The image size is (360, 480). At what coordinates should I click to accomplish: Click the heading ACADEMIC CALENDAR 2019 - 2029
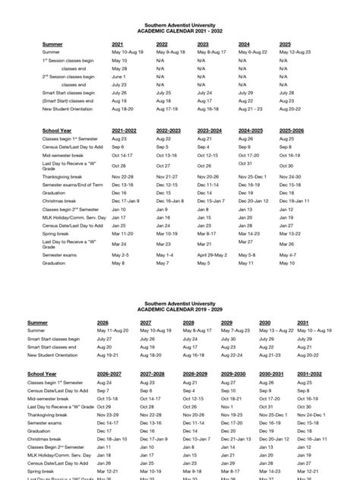180,311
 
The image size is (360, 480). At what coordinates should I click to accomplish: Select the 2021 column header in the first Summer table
117,44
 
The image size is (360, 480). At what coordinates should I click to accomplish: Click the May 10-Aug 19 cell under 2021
127,52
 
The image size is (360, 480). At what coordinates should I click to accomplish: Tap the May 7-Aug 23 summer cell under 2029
235,331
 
